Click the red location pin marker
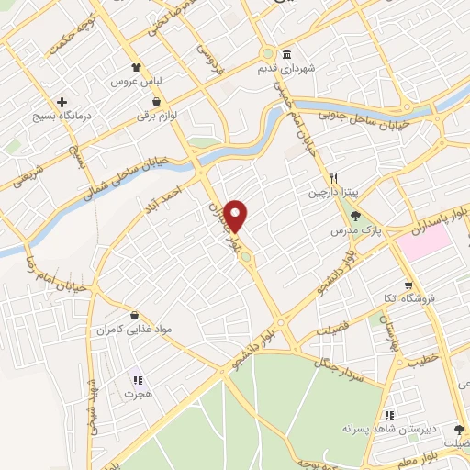[236, 216]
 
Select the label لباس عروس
[130, 82]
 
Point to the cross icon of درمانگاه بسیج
[62, 102]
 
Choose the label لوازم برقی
[155, 117]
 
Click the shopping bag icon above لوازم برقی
[158, 101]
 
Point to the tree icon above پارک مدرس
[356, 216]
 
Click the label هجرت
[136, 393]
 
